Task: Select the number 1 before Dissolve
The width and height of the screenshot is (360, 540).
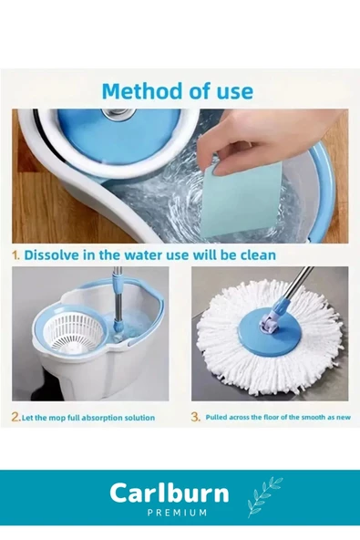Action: pos(15,255)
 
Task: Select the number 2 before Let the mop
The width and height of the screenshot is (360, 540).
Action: pos(15,417)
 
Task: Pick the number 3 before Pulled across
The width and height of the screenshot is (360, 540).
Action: pos(195,417)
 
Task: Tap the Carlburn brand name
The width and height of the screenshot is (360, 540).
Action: pos(170,493)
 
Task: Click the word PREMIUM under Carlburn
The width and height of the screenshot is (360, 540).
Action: pos(177,513)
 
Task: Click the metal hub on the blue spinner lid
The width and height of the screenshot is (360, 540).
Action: pos(118,114)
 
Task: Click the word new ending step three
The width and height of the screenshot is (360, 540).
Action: pos(344,418)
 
